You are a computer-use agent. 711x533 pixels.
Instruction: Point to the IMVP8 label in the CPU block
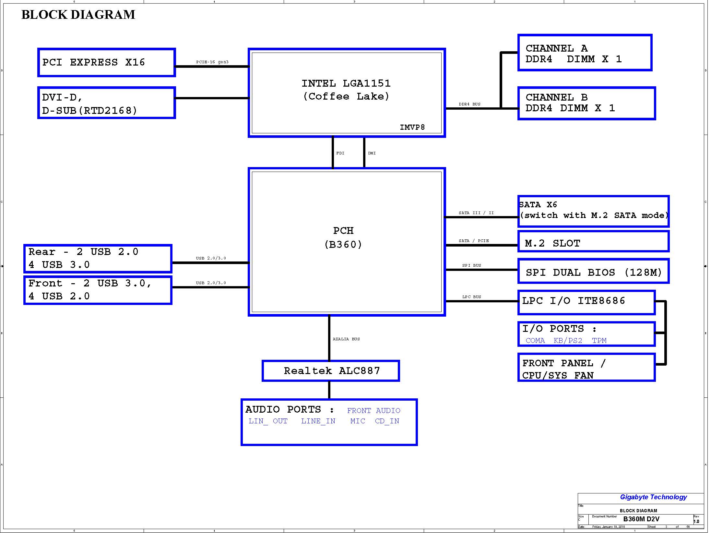[412, 127]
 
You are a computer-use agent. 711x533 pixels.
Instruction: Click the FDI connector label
[340, 153]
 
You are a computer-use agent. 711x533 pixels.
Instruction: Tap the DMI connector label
[372, 153]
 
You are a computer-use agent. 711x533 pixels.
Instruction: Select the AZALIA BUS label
[346, 339]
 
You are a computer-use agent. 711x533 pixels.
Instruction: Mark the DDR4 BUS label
[469, 104]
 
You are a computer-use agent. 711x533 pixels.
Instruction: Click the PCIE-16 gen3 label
[212, 62]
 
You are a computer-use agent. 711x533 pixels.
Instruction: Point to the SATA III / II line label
[476, 213]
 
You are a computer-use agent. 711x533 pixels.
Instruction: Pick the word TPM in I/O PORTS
[599, 341]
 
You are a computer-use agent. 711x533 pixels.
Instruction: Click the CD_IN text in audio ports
[387, 421]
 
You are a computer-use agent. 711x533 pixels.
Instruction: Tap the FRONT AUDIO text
[373, 411]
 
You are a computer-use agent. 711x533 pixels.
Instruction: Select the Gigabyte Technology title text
[653, 497]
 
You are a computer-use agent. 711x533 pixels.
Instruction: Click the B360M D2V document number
[641, 519]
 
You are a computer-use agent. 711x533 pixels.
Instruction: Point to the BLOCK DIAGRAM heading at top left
[78, 15]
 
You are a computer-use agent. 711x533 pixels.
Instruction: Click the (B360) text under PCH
[343, 245]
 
